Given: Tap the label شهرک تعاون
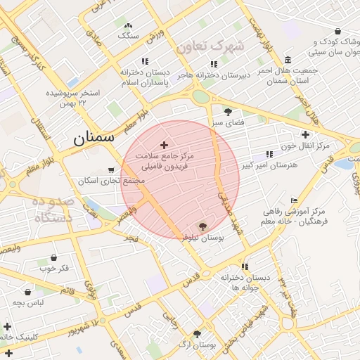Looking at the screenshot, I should pos(210,47).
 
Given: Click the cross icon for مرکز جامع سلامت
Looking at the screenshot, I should pos(165,145).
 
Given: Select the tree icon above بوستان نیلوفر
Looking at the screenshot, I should pos(203,226).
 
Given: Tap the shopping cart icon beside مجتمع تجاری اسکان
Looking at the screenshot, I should pos(111,170).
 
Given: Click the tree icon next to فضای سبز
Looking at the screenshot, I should pos(227,112).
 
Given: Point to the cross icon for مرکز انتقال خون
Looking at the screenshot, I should pos(304,134).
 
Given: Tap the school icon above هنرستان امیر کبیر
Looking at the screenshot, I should pos(269,154).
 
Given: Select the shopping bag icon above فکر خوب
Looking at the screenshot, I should pos(54,257).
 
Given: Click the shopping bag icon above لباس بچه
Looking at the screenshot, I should pos(28,291).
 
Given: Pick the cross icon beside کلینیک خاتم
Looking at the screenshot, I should pos(7,326).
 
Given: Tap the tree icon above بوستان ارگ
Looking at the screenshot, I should pos(197,334).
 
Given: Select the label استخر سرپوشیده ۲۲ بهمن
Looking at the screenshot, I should pos(72,98).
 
